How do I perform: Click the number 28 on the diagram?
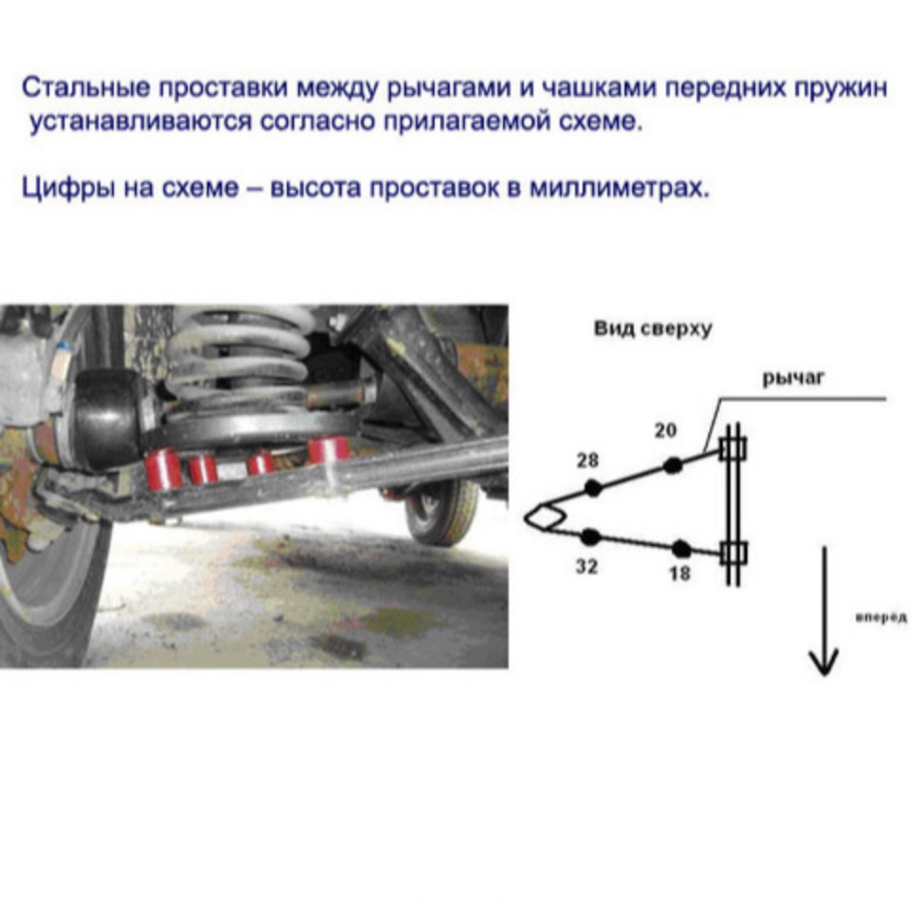tap(586, 460)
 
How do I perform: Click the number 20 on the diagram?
tap(665, 431)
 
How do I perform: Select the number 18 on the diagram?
tap(679, 573)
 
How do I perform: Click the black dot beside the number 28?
tap(593, 488)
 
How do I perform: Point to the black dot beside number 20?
tap(673, 465)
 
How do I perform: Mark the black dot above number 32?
tap(591, 536)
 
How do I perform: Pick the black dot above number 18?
tap(680, 548)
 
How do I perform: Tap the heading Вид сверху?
tap(652, 329)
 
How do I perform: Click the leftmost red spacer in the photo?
tap(162, 469)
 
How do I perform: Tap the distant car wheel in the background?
tap(441, 510)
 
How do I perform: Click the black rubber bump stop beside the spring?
tap(107, 419)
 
